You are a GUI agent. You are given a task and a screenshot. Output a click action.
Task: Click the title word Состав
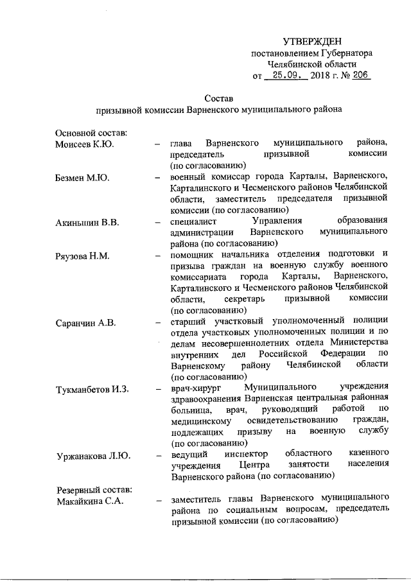click(x=218, y=98)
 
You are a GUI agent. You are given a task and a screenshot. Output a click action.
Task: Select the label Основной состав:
click(x=91, y=132)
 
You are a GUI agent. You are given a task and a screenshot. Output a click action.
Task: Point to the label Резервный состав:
click(x=94, y=489)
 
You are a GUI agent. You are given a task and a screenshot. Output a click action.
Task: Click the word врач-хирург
click(x=195, y=388)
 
